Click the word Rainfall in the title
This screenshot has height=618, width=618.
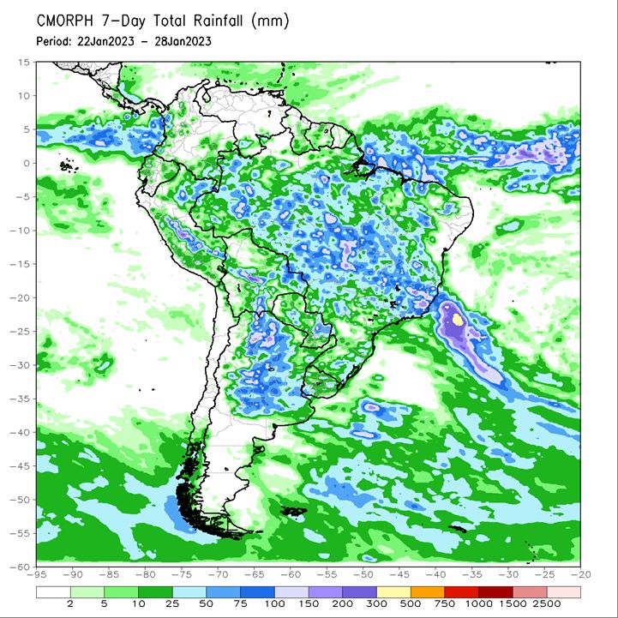point(218,21)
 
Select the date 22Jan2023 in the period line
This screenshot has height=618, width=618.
point(105,41)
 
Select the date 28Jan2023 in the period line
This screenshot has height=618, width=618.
point(183,41)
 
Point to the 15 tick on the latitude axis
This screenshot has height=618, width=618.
point(24,63)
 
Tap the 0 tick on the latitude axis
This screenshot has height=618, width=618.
point(27,163)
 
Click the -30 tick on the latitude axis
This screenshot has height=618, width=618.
point(20,365)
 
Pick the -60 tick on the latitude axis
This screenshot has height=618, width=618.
point(20,567)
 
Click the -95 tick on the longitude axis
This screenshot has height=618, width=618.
point(38,574)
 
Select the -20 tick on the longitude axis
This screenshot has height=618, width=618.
point(580,574)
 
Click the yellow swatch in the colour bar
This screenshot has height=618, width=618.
point(393,592)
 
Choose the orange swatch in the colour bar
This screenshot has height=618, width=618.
point(428,592)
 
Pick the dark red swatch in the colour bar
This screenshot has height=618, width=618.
point(495,592)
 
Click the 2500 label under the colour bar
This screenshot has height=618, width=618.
point(547,603)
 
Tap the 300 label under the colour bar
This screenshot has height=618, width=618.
point(376,603)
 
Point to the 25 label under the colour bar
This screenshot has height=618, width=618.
point(172,603)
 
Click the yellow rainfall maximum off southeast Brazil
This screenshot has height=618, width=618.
point(458,319)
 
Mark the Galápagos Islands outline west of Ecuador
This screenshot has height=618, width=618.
point(68,166)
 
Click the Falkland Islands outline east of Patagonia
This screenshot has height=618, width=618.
point(293,511)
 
